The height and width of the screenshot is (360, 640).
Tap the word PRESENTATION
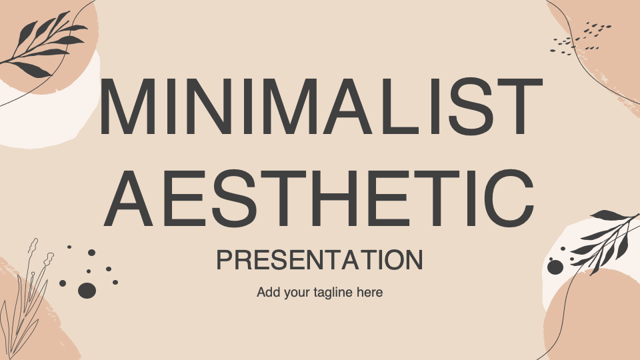coord(320,261)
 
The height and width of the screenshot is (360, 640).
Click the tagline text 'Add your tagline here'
coord(320,292)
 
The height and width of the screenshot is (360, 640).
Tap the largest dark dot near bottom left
coord(87,290)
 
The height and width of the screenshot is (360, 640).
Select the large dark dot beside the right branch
coord(555,267)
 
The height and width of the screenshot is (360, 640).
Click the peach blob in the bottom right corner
coord(593,320)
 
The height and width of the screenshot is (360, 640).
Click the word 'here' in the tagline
coord(370,293)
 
